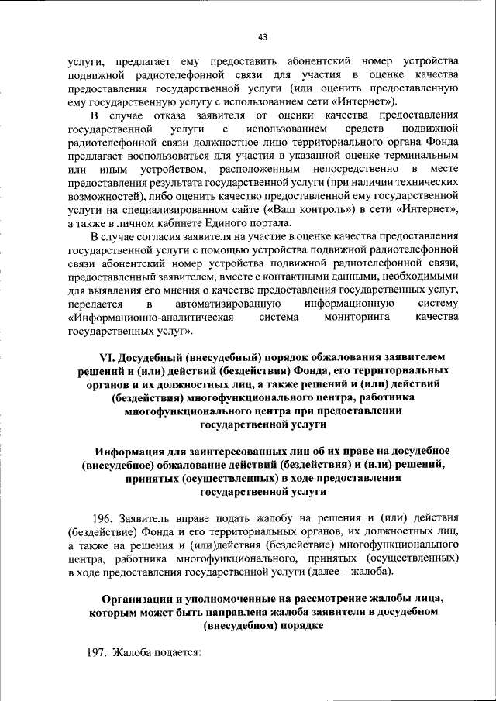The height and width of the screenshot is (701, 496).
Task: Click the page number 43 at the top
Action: click(262, 36)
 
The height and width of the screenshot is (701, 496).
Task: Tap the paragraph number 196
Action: click(103, 516)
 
